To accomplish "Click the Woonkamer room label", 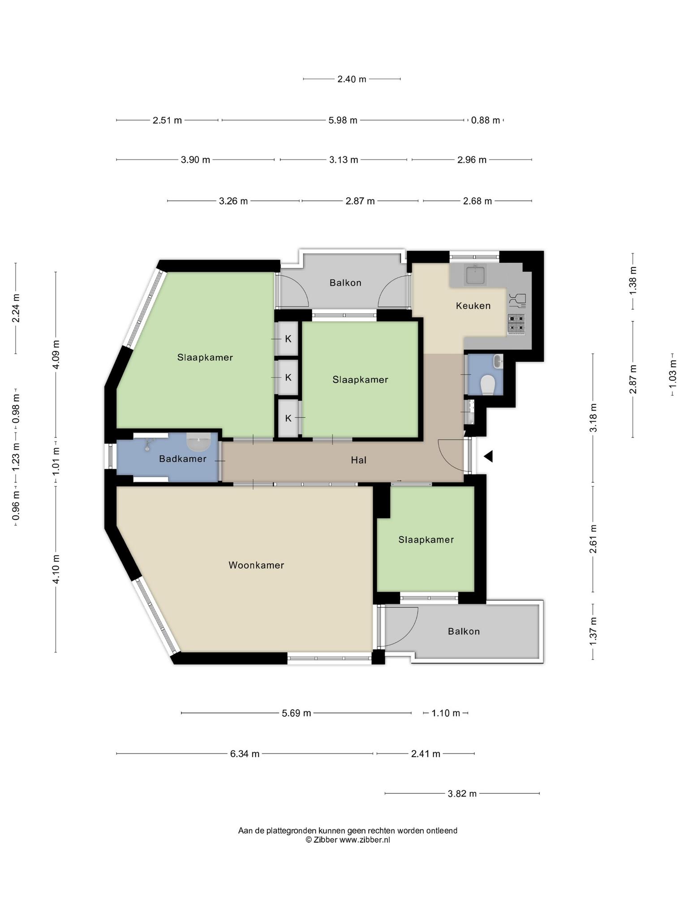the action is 256,565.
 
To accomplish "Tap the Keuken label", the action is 473,306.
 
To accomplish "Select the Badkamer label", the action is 183,459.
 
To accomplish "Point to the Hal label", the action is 359,460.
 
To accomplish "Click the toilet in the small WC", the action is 487,385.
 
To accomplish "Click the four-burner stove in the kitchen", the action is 516,324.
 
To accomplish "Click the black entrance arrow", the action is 488,456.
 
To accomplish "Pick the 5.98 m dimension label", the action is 343,120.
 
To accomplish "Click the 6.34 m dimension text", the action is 245,753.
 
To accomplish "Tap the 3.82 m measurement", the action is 462,793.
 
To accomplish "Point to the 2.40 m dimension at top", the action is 352,79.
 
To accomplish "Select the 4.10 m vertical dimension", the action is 56,569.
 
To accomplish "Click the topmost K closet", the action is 288,339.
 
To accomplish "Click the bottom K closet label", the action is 288,418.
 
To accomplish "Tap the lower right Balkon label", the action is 464,631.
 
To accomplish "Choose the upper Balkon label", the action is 345,282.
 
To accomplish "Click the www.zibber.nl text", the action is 365,840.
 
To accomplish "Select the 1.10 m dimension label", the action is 446,713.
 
